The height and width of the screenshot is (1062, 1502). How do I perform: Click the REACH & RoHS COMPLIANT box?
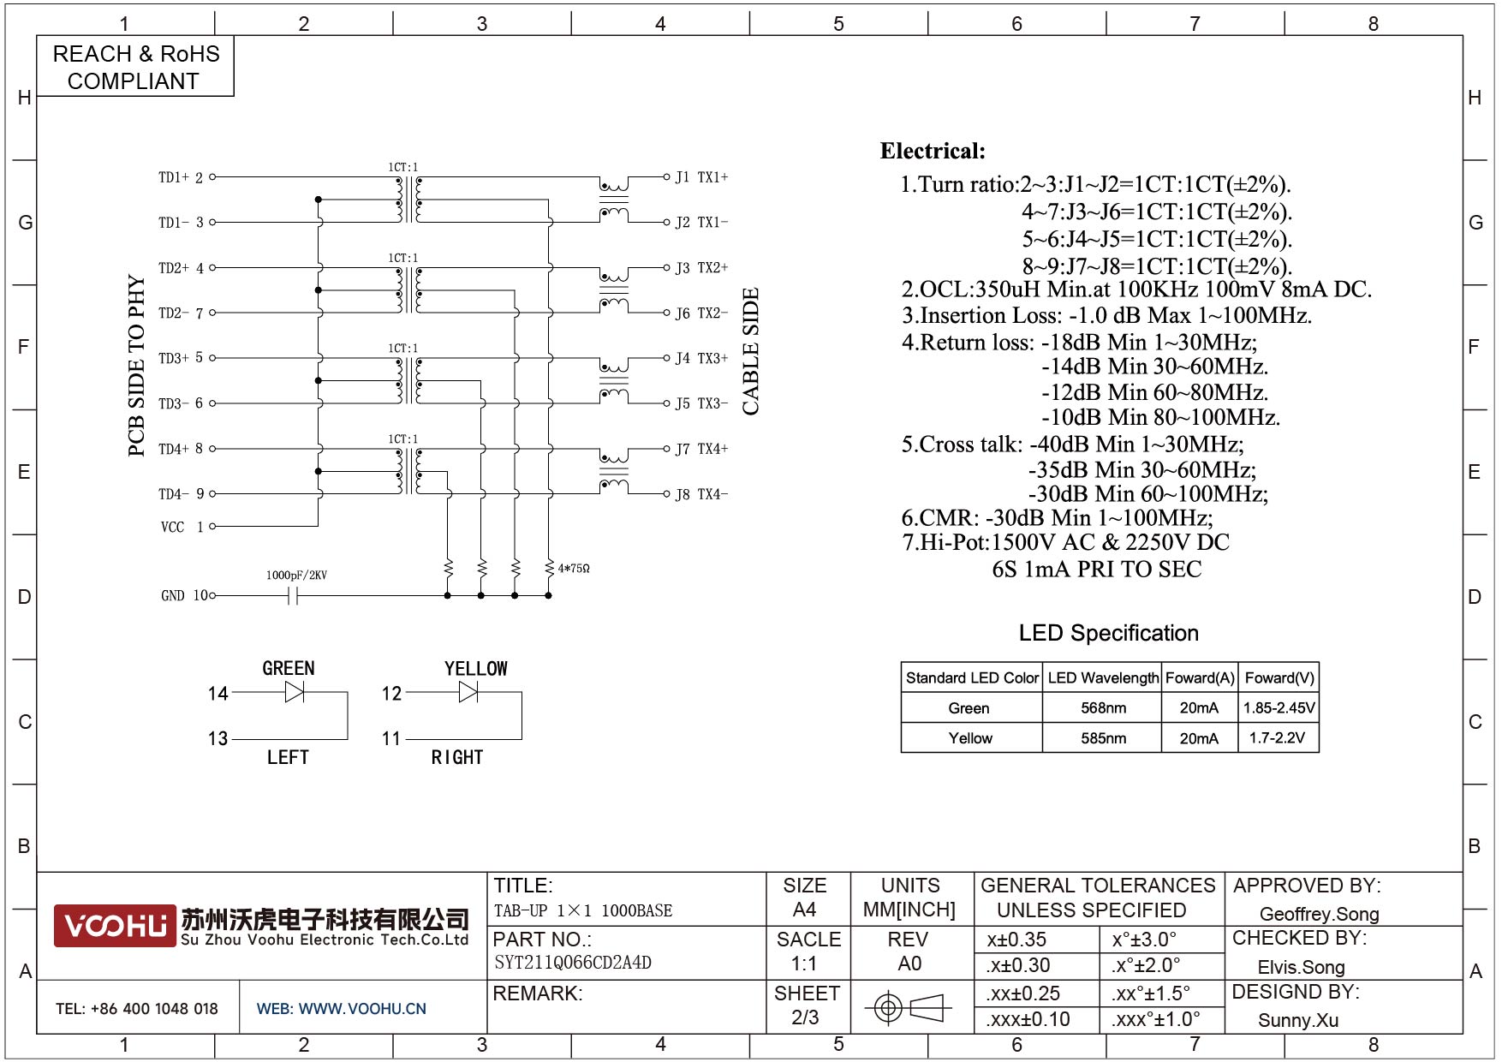coord(135,66)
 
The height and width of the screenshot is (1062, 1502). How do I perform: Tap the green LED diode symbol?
coord(295,692)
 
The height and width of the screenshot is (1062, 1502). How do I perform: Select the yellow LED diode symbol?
coord(468,692)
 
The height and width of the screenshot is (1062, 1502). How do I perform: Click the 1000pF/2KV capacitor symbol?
coord(293,595)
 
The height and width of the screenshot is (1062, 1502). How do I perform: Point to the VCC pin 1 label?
coord(182,527)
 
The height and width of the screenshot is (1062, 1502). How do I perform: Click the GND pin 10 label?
coord(184,595)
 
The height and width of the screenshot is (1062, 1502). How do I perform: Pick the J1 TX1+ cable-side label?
coord(701,177)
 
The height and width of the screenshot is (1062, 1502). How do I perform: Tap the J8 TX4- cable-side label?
coord(701,494)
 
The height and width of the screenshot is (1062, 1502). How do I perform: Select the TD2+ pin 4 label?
coord(182,268)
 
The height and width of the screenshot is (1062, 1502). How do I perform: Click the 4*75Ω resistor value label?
coord(574,568)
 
